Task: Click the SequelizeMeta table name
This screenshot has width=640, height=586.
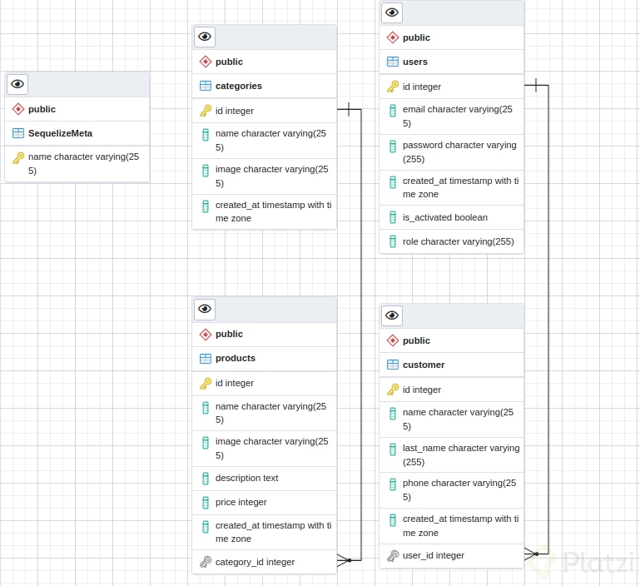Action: (60, 133)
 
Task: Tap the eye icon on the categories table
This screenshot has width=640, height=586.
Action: (205, 37)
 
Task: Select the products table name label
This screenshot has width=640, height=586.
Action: (235, 358)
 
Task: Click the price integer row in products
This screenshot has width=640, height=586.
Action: (241, 502)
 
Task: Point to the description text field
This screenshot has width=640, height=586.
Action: (246, 478)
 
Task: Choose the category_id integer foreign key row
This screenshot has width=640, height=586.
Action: (255, 562)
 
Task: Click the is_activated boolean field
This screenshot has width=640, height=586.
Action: (444, 217)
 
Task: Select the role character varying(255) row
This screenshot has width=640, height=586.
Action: (458, 241)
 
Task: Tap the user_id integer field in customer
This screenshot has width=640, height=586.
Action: (433, 555)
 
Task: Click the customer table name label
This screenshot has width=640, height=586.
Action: (423, 365)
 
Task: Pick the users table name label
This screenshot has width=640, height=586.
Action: (414, 62)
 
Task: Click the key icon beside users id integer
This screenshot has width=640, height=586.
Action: (393, 87)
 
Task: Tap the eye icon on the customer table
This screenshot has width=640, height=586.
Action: (392, 315)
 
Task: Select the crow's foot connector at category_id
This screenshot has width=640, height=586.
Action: (344, 561)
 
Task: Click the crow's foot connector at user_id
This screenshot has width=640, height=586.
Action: (531, 553)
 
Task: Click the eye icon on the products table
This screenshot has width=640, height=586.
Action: (205, 309)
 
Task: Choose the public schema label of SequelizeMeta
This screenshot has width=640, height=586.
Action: (42, 109)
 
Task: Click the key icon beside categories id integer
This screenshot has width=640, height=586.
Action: (206, 111)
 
